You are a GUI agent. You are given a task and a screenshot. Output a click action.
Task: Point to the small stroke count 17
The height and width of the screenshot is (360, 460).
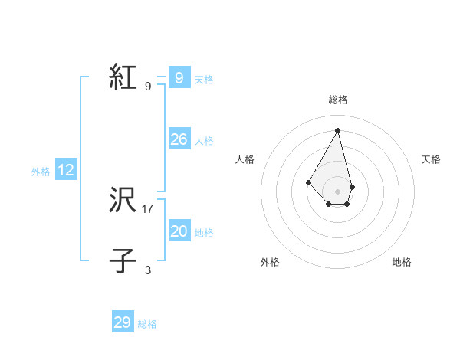[x=148, y=208]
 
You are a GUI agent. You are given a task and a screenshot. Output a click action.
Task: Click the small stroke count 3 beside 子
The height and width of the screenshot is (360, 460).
[x=148, y=270]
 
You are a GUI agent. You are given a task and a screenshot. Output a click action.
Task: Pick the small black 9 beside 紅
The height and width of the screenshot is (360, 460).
[x=148, y=86]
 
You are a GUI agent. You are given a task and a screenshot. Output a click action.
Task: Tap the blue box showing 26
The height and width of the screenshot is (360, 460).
[x=179, y=139]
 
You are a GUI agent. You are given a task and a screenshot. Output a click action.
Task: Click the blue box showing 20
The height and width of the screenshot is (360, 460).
[x=179, y=231]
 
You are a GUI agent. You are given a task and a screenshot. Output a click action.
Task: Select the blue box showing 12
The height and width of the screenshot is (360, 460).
[x=66, y=170]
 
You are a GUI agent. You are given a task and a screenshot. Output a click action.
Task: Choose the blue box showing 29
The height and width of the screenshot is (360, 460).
[x=123, y=322]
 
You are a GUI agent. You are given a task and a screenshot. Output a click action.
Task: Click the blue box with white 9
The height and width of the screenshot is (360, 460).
[x=179, y=78]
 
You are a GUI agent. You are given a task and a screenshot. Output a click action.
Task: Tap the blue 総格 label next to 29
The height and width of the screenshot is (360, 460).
[x=147, y=324]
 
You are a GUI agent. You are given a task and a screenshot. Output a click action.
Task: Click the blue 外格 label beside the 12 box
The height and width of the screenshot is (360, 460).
[x=41, y=172]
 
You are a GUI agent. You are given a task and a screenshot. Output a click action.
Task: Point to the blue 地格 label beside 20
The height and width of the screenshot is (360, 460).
[x=204, y=233]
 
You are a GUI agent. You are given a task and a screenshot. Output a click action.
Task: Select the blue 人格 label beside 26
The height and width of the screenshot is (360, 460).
[x=204, y=141]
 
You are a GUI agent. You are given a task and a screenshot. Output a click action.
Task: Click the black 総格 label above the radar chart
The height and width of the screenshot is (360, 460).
[x=338, y=100]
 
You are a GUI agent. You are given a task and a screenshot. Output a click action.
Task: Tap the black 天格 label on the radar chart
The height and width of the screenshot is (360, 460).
[x=431, y=159]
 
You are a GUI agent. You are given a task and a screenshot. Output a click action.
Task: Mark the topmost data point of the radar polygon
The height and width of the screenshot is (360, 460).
[x=338, y=130]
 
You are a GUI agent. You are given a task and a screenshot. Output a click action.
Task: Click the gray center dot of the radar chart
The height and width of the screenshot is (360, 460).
[x=338, y=191]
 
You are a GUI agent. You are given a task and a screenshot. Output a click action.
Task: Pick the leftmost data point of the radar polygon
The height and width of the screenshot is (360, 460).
[x=309, y=182]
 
